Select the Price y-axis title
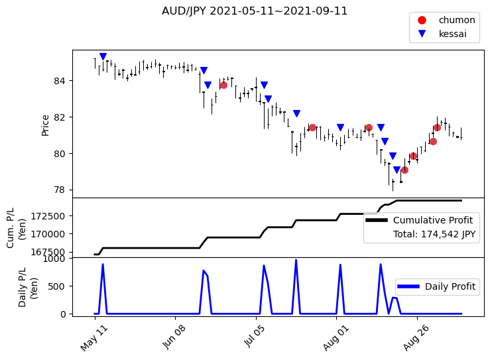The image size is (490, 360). [x=45, y=125]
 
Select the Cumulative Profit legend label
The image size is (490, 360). [x=433, y=220]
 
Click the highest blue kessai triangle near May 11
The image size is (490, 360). [x=103, y=57]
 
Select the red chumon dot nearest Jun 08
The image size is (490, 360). [x=223, y=85]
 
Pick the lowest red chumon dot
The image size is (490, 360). [x=404, y=170]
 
